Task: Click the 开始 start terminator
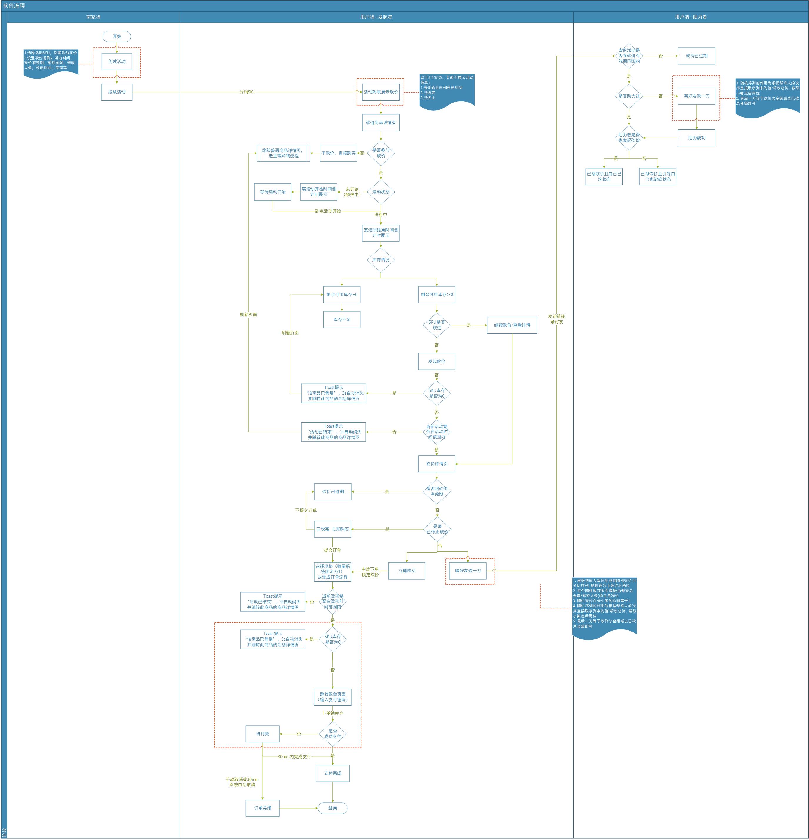[116, 36]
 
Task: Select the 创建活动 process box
[116, 61]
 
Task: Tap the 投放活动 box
[116, 92]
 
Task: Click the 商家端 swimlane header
[93, 17]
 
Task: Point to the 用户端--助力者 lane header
[691, 17]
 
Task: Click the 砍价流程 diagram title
[14, 6]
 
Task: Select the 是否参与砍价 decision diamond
[380, 153]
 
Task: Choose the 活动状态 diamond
[380, 192]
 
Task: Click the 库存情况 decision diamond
[380, 260]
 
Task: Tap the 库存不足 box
[342, 319]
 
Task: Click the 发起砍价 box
[436, 361]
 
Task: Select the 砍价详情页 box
[436, 464]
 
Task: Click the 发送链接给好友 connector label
[556, 319]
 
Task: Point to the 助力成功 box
[696, 138]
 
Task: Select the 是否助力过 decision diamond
[629, 96]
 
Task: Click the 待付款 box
[262, 734]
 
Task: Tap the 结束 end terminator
[332, 808]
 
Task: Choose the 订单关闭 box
[262, 808]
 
